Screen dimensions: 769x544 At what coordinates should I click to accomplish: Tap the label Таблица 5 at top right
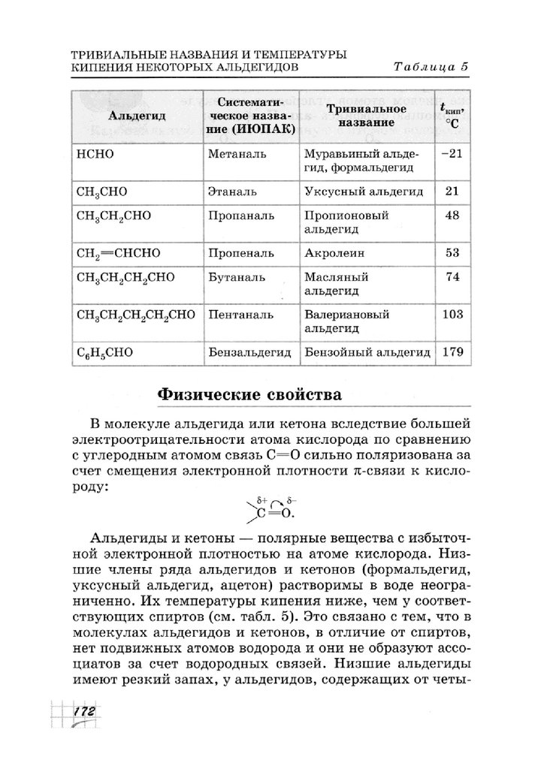[431, 67]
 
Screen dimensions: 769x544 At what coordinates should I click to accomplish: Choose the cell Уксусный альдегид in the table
[364, 191]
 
